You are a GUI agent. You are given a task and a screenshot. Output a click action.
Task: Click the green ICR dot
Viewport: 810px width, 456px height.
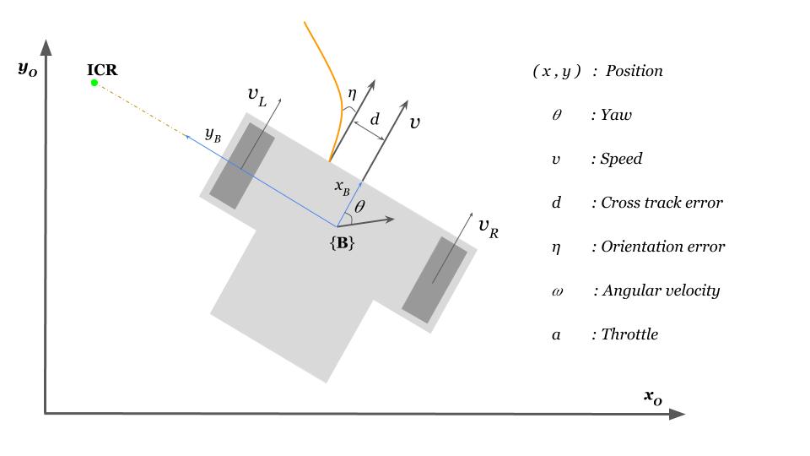94,83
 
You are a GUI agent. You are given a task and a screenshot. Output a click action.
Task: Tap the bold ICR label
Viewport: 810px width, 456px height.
102,70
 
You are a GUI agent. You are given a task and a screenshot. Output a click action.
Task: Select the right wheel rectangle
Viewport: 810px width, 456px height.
435,280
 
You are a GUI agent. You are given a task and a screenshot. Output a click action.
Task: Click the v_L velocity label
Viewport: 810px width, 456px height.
256,96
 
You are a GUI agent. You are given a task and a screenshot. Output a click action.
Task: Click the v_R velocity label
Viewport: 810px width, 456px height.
488,227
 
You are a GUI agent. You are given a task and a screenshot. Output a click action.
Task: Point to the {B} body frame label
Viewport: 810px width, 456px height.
342,243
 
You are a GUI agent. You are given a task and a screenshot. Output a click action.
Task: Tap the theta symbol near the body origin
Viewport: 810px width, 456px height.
360,206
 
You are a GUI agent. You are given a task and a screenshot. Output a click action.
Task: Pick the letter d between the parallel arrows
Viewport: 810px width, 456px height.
375,119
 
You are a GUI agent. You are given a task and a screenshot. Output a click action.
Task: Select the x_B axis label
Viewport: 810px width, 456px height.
342,187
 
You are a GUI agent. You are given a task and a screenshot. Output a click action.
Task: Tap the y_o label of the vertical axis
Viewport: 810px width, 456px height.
27,68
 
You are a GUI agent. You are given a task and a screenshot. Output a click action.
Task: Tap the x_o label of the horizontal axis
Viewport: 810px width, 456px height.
653,396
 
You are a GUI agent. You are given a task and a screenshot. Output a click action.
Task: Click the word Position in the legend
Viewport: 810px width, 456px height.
634,71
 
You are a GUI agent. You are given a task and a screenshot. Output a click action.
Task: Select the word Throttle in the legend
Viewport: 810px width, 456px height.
629,334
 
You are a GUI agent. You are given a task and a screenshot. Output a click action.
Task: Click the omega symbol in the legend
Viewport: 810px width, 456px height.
557,290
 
